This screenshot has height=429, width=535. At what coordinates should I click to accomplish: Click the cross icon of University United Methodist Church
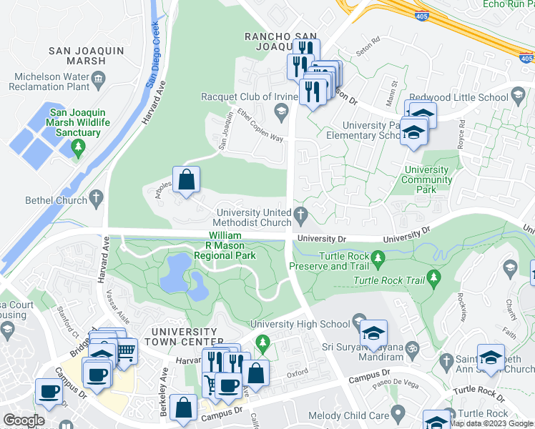click(x=302, y=214)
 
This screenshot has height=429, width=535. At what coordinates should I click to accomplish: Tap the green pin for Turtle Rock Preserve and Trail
click(x=380, y=256)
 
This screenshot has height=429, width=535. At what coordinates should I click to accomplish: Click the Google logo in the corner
click(x=24, y=420)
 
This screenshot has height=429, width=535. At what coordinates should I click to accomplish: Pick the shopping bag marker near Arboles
click(x=186, y=180)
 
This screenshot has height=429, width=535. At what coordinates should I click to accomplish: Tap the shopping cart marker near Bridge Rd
click(x=126, y=351)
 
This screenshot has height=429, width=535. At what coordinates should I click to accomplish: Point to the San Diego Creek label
click(x=152, y=54)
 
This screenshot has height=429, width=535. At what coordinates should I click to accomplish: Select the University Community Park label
click(x=428, y=175)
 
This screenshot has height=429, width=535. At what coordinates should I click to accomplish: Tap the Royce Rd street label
click(x=462, y=132)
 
